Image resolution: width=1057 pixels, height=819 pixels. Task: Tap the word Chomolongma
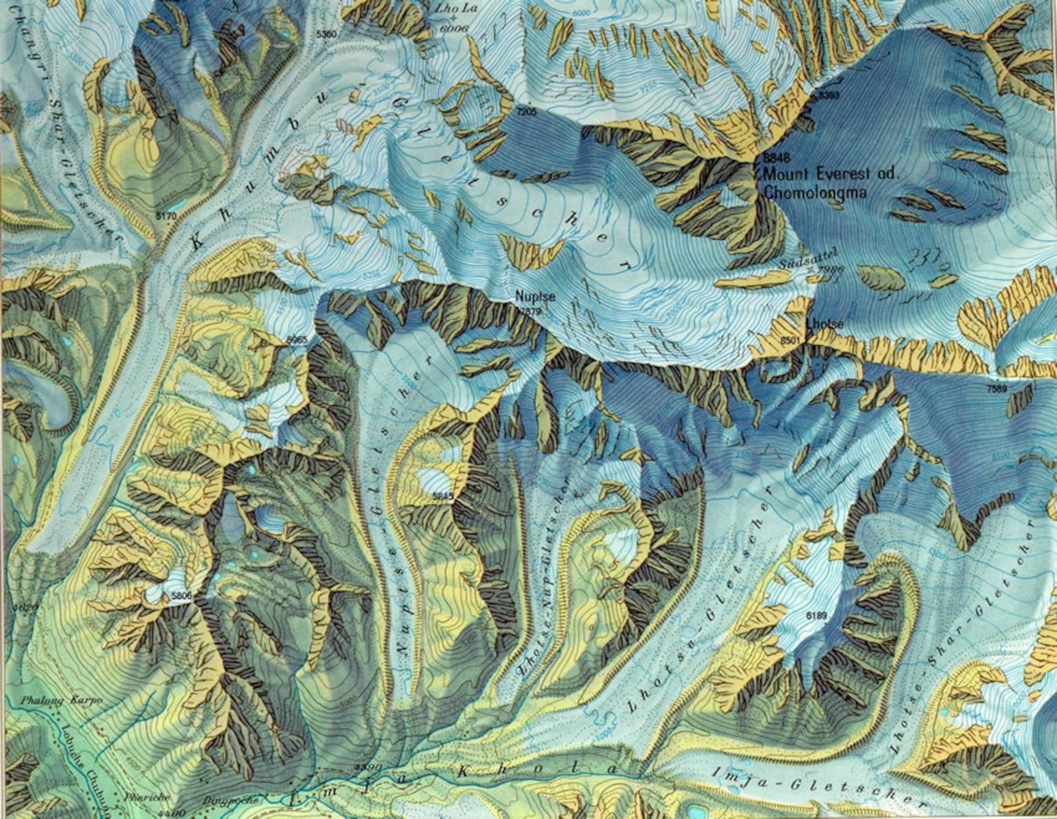tap(814, 193)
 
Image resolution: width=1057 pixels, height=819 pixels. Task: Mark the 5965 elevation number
tap(297, 340)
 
